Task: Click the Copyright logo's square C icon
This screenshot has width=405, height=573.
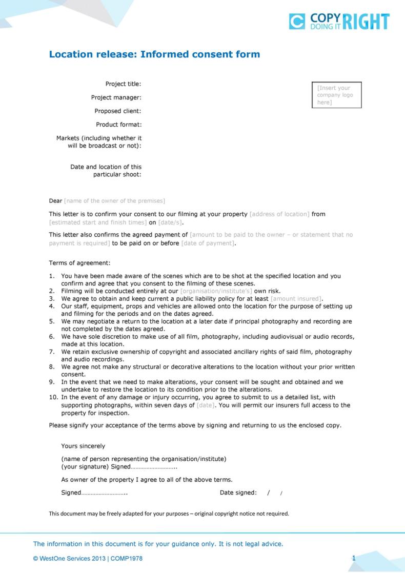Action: pyautogui.click(x=297, y=22)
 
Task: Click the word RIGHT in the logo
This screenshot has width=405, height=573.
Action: pyautogui.click(x=366, y=22)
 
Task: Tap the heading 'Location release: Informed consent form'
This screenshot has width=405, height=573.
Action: pyautogui.click(x=154, y=54)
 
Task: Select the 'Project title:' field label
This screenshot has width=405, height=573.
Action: pyautogui.click(x=123, y=84)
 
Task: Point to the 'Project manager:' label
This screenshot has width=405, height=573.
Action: pyautogui.click(x=116, y=97)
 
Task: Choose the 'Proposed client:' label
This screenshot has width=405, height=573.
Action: pyautogui.click(x=117, y=111)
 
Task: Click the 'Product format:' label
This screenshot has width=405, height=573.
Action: pyautogui.click(x=118, y=125)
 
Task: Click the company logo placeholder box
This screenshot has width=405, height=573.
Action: pyautogui.click(x=337, y=95)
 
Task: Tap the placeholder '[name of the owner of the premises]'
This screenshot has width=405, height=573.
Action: pyautogui.click(x=114, y=201)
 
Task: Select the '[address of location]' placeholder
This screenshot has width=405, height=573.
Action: pyautogui.click(x=279, y=214)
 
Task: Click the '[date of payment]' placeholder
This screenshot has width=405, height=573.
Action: pyautogui.click(x=208, y=243)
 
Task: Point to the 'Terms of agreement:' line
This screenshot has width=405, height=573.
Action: pyautogui.click(x=79, y=263)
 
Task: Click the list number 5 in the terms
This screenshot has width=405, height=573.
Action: pyautogui.click(x=52, y=321)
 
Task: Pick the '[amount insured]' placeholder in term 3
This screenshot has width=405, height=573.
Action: pyautogui.click(x=296, y=299)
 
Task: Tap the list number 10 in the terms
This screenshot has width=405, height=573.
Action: pyautogui.click(x=53, y=397)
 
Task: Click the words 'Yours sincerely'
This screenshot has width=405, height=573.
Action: pyautogui.click(x=83, y=446)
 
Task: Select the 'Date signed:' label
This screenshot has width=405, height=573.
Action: pyautogui.click(x=238, y=493)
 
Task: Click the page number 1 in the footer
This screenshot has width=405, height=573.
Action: pyautogui.click(x=353, y=558)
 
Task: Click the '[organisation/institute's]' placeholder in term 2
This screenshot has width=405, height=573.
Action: pyautogui.click(x=216, y=291)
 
